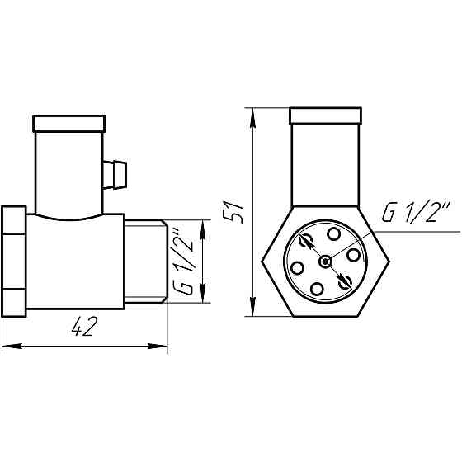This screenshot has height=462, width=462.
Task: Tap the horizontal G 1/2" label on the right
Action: point(415,214)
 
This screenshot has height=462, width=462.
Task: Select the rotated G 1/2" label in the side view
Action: point(186,262)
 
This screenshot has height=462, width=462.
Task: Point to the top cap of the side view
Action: point(70,125)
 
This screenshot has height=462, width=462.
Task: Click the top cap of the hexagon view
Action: point(326,115)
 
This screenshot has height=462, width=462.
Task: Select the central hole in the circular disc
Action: point(327,261)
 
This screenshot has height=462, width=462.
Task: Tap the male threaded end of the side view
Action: point(145,261)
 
